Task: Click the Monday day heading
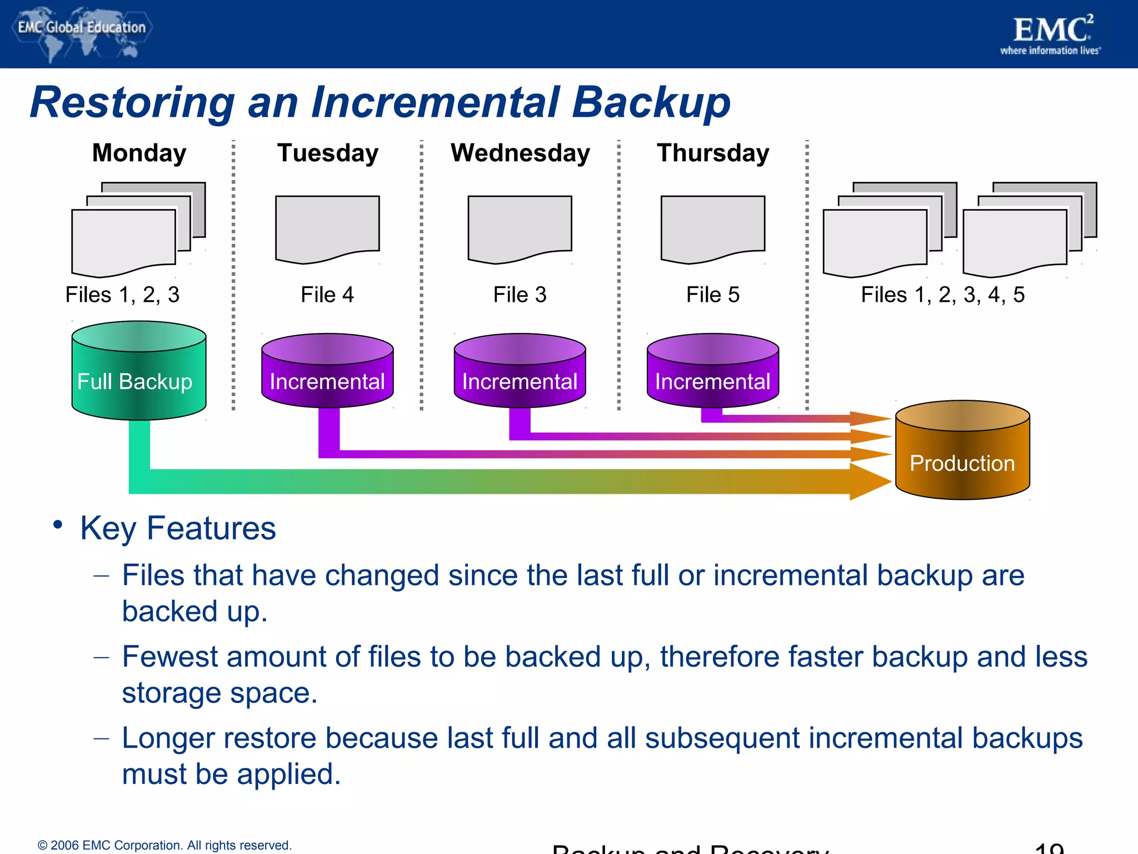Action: point(139,153)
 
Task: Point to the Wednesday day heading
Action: point(520,153)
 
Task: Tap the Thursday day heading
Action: point(713,153)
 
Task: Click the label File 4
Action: point(327,295)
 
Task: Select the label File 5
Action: point(713,295)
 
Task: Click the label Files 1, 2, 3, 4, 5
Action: point(942,295)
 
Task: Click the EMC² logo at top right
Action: point(1052,33)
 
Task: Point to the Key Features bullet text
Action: point(178,528)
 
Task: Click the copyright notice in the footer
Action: point(164,845)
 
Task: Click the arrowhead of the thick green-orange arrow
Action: point(870,481)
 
